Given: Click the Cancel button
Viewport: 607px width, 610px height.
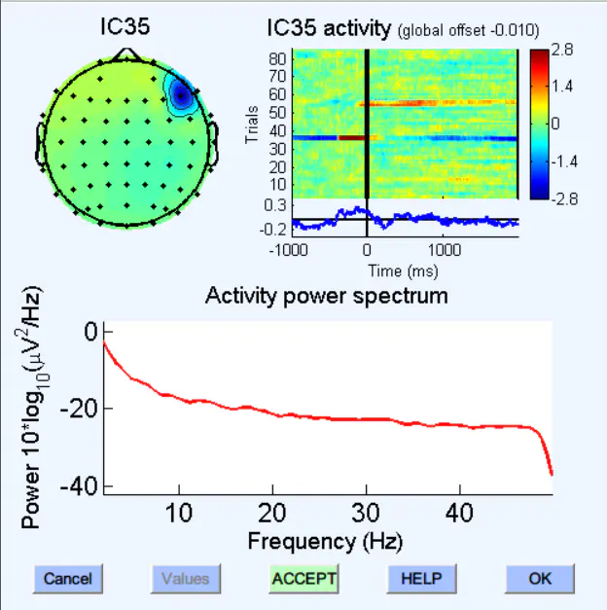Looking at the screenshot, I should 67,578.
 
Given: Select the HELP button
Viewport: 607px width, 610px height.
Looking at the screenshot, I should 421,578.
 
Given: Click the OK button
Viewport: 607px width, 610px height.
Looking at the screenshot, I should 540,578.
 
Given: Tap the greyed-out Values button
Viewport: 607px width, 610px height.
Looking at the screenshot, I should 185,578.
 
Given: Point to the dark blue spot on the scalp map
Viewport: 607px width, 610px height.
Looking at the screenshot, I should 181,95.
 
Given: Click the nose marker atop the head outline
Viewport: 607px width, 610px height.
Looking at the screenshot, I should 125,54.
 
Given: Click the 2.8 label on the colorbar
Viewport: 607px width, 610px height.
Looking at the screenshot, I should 563,48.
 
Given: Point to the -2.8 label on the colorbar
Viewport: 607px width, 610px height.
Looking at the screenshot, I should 563,197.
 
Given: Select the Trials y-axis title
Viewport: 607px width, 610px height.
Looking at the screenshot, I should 252,124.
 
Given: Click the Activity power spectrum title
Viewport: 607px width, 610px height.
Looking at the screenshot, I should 327,296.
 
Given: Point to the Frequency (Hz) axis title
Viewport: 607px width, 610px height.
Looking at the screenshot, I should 325,540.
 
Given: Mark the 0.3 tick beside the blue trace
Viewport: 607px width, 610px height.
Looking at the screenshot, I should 275,205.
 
